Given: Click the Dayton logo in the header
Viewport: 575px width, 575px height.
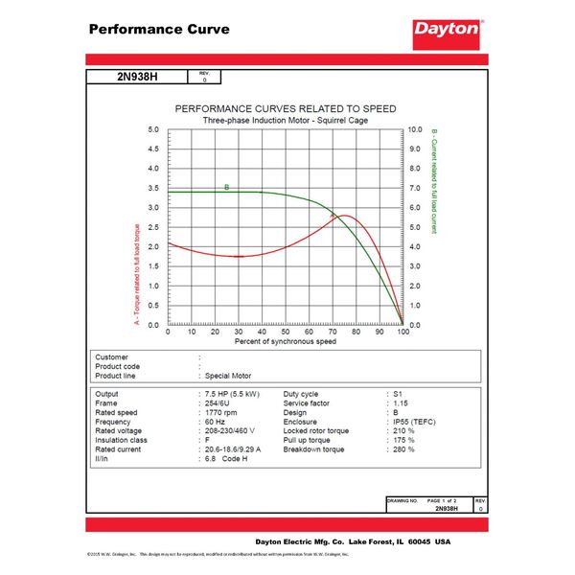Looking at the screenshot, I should coord(447,30).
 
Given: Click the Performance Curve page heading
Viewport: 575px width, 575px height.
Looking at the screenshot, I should coord(159,29).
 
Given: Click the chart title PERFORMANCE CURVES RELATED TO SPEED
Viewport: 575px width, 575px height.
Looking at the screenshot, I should coord(285,108).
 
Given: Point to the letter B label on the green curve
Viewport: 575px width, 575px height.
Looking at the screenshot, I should coord(227,187).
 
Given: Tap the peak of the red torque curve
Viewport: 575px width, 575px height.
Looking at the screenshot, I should coord(342,217).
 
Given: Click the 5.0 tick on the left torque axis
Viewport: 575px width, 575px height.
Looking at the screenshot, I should coord(153,128).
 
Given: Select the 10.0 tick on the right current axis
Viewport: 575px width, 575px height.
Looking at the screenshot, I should coord(415,128).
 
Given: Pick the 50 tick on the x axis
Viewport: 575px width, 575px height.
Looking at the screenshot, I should coord(285,332).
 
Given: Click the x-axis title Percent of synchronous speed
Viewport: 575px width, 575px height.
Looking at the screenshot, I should coord(285,341).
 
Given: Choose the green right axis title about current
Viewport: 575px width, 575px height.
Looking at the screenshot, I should coord(434,182).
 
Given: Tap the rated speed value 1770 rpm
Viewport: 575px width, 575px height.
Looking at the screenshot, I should coord(226,413).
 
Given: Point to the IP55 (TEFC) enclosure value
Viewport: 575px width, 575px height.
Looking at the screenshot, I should coord(416,423).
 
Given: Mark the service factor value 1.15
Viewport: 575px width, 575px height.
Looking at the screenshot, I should coord(402,403).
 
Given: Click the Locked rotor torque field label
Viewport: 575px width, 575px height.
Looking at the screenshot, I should coord(317,431).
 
